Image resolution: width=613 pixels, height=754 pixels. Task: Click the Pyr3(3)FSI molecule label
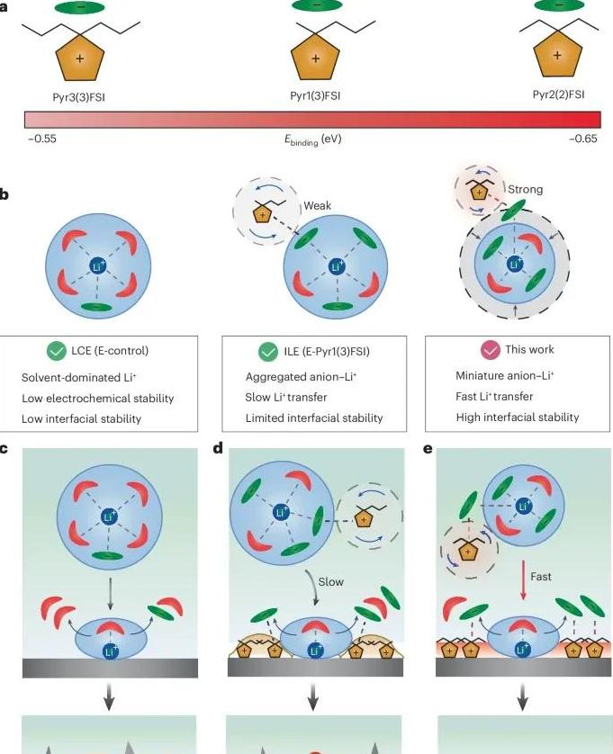[x=79, y=97]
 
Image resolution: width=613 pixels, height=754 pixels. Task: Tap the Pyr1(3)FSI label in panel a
[x=315, y=95]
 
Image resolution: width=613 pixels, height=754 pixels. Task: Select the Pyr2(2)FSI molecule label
[x=559, y=94]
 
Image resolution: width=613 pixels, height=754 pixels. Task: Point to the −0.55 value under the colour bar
[x=42, y=139]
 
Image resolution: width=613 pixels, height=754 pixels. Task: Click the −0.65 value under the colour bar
[x=583, y=139]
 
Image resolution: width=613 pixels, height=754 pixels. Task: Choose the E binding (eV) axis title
[x=312, y=139]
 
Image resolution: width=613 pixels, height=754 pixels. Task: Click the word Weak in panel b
[x=318, y=205]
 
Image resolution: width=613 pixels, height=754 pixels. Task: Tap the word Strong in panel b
[x=526, y=190]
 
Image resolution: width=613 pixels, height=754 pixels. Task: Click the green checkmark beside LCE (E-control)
[x=57, y=352]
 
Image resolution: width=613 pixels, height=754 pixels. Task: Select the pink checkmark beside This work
[x=491, y=350]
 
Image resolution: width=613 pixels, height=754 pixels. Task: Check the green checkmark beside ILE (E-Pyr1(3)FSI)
[x=268, y=352]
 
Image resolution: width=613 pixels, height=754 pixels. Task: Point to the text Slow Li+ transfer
[x=286, y=397]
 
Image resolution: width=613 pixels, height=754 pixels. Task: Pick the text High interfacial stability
[x=518, y=417]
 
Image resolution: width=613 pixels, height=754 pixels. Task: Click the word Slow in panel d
[x=331, y=582]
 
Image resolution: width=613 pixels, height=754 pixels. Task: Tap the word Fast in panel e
[x=541, y=576]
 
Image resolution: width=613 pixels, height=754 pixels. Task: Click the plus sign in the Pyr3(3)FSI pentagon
[x=80, y=58]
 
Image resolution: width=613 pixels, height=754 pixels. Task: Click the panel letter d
[x=218, y=449]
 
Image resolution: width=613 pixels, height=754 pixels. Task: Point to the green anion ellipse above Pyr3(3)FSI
[x=80, y=8]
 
